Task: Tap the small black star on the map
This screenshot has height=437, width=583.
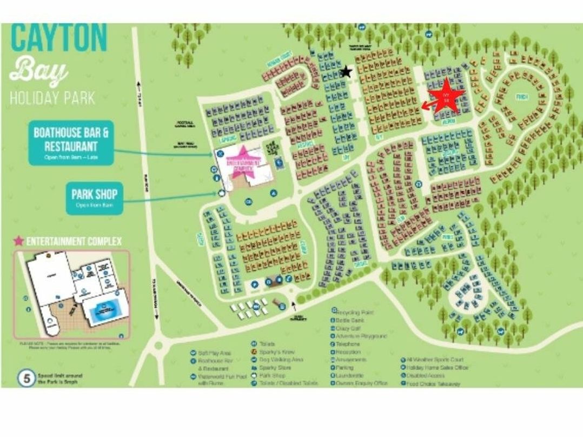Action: tap(346, 71)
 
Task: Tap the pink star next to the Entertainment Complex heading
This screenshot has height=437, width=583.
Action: tap(19, 241)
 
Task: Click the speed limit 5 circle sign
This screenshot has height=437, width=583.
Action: tap(25, 378)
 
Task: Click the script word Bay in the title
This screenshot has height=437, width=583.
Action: tap(39, 72)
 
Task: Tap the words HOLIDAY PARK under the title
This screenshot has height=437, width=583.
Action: tap(52, 98)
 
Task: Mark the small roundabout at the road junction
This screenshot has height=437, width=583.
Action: tap(158, 345)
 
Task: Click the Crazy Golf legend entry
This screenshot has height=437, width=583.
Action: tap(352, 328)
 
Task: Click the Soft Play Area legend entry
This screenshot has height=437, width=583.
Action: tap(213, 352)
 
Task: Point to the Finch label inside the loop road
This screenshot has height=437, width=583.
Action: tap(521, 97)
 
